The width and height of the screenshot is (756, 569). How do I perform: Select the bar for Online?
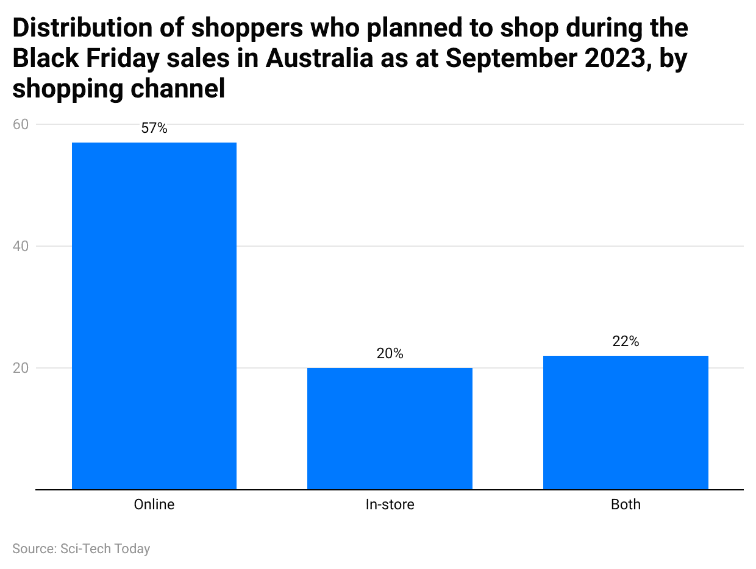(154, 316)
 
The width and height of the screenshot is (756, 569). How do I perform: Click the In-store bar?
(390, 428)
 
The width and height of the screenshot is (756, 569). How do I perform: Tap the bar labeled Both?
(626, 422)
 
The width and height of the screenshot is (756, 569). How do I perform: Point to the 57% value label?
(154, 129)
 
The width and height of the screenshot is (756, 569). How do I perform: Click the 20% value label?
(390, 353)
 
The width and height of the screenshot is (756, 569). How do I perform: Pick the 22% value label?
(626, 342)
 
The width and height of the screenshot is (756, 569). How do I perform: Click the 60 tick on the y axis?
(21, 124)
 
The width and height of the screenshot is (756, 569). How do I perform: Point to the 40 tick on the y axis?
(21, 246)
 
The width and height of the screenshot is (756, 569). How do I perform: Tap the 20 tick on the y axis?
(21, 368)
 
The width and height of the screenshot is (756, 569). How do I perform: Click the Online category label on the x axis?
(154, 505)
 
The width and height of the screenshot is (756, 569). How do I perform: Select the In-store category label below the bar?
(390, 505)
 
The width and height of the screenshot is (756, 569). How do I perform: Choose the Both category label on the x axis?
(626, 505)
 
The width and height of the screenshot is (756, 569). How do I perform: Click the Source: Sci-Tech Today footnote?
(81, 548)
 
